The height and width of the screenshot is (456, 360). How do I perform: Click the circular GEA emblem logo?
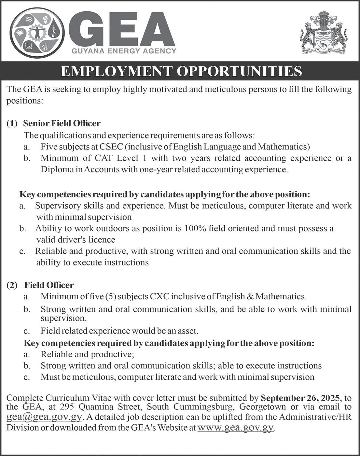click(x=37, y=33)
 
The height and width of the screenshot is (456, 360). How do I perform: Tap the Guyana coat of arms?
click(x=323, y=33)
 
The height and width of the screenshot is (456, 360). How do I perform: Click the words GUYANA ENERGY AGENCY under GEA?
click(x=124, y=51)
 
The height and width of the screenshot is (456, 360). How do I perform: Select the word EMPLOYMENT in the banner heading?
click(x=116, y=71)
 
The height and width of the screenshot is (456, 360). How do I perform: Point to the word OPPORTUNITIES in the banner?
click(x=239, y=71)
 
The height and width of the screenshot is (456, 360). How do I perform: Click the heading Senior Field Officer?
click(x=62, y=123)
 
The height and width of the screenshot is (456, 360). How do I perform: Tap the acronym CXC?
click(x=160, y=296)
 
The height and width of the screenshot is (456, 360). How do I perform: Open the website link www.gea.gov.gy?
click(x=236, y=427)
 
